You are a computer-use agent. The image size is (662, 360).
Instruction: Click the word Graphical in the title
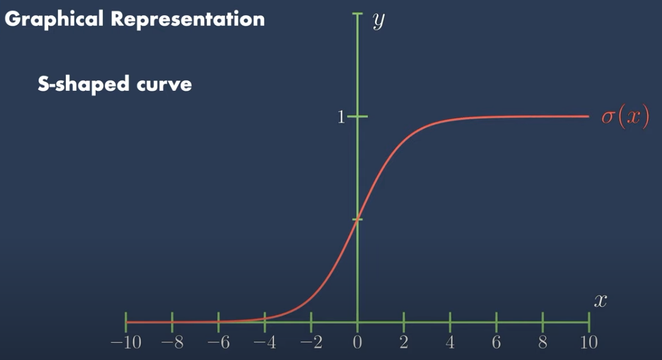pos(54,19)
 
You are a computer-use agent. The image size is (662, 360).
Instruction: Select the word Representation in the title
pos(188,19)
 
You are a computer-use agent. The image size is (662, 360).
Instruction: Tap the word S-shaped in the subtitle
pos(83,83)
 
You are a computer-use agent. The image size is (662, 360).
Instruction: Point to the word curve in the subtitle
pos(164,85)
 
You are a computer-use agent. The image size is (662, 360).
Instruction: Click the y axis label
pos(379,21)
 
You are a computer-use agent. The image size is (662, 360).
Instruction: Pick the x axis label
pos(600,300)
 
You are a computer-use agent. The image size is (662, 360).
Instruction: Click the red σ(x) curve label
pos(625,116)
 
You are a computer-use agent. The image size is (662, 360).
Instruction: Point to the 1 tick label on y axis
pos(341,117)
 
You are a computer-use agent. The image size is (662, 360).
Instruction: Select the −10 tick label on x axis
pos(126,342)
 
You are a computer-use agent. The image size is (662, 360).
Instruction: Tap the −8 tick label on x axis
pos(172,342)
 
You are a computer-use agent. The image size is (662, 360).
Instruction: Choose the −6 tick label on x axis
pos(218,342)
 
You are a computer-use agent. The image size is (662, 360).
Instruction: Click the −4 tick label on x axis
pos(265,342)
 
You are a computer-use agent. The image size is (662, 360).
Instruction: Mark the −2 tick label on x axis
pos(311,342)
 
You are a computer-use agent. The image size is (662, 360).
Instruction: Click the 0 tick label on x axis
pos(357,342)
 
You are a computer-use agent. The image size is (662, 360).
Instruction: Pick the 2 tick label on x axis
pos(404,342)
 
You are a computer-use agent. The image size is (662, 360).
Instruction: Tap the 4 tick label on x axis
pos(450,342)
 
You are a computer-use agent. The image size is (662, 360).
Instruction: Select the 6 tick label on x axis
pos(496,342)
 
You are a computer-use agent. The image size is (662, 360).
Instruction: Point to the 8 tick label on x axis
pos(543,342)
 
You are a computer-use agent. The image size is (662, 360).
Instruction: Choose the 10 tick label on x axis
pos(589,342)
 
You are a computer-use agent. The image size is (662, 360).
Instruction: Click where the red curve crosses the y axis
pos(357,219)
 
